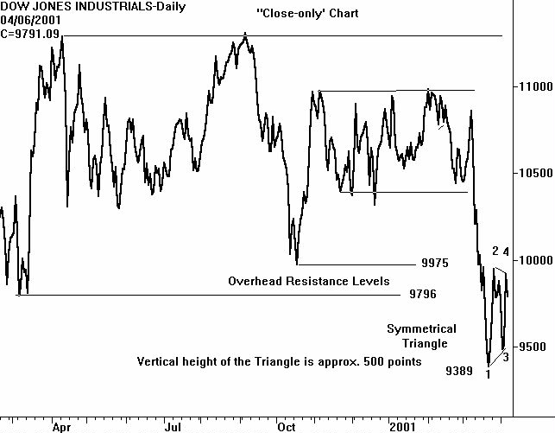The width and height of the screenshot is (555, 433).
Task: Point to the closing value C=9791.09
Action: (x=31, y=34)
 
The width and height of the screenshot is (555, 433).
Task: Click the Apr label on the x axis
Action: (x=61, y=426)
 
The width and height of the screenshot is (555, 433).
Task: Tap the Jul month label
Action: (x=173, y=426)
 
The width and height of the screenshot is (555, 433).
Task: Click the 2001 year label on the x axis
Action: (x=402, y=426)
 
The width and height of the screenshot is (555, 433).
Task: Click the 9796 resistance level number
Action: (x=423, y=295)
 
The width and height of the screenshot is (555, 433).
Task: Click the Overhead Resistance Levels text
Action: (x=308, y=281)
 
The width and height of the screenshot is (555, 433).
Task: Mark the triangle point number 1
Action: (x=489, y=374)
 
